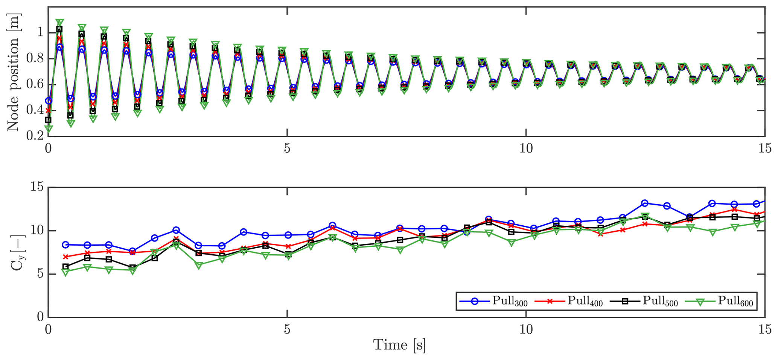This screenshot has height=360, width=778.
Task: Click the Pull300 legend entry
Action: [493, 301]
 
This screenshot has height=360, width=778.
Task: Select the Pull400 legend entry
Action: [568, 301]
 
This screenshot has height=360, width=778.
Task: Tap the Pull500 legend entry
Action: [644, 301]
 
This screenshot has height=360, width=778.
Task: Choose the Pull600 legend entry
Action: [719, 301]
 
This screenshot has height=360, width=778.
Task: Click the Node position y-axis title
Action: [14, 72]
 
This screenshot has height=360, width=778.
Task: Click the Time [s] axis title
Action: [399, 345]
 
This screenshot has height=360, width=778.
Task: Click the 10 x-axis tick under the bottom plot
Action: [526, 329]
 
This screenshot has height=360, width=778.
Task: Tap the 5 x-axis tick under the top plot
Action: [287, 148]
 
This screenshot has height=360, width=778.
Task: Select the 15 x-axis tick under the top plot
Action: [765, 148]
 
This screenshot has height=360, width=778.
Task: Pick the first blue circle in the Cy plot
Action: [65, 245]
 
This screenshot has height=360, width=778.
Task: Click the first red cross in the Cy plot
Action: [65, 257]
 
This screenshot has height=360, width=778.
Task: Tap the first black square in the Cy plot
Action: [65, 266]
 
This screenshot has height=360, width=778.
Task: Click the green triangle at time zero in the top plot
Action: [48, 129]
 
